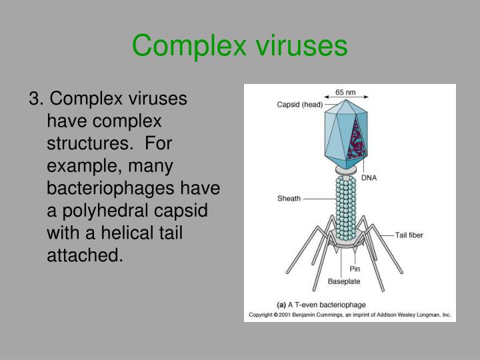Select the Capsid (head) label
[299, 105]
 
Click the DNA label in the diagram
[369, 178]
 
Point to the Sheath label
[289, 198]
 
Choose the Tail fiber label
[409, 235]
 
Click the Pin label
[355, 269]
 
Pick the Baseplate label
[343, 281]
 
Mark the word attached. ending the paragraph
[85, 254]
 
